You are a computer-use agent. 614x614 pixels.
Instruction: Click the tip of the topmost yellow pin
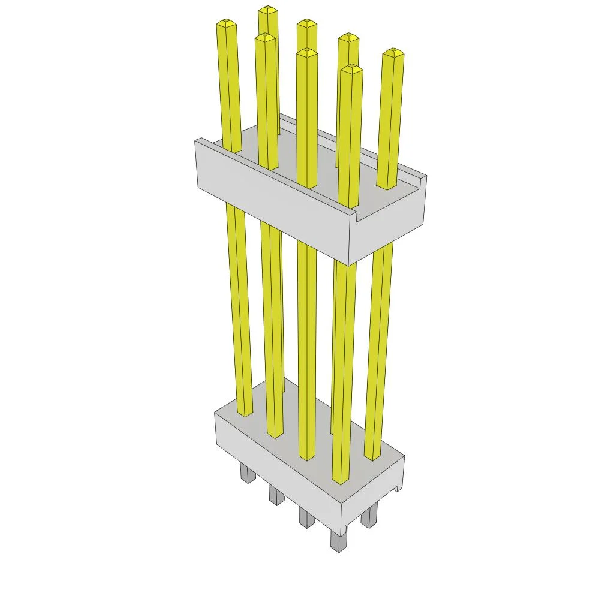pyautogui.click(x=268, y=10)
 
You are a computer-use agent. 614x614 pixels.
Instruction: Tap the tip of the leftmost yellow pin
pyautogui.click(x=225, y=23)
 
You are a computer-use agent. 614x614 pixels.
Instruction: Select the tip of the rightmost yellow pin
pyautogui.click(x=393, y=53)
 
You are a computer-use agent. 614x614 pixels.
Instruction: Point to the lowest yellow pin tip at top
pyautogui.click(x=351, y=69)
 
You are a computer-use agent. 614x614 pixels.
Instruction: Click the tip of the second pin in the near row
pyautogui.click(x=264, y=38)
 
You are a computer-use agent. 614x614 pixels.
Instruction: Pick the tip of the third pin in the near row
pyautogui.click(x=306, y=53)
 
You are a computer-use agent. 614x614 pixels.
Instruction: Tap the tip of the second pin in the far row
pyautogui.click(x=306, y=23)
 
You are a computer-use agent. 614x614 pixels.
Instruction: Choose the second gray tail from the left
pyautogui.click(x=276, y=496)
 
